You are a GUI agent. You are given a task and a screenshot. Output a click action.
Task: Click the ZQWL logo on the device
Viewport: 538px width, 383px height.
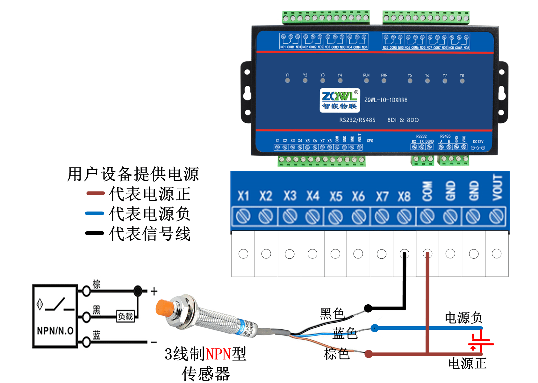340,100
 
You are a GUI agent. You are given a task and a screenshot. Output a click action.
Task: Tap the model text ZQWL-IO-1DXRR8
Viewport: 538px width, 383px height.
386,100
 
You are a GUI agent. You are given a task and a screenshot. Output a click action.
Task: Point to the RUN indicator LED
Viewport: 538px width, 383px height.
366,81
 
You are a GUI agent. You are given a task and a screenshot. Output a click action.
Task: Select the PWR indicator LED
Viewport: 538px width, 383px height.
384,81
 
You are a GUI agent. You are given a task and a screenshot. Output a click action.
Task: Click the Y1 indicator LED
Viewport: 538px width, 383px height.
288,81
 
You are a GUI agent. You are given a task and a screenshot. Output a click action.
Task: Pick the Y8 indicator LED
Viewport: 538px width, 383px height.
462,81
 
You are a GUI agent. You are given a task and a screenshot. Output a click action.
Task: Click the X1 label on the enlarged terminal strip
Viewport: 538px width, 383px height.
243,196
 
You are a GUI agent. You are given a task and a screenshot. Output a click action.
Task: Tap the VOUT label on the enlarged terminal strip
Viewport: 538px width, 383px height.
497,188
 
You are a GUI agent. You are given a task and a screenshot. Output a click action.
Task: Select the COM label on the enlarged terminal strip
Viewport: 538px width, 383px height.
427,191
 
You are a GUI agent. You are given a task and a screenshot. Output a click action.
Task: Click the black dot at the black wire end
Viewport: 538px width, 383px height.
368,308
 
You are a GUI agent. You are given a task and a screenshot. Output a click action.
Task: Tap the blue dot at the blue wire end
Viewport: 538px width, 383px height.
375,328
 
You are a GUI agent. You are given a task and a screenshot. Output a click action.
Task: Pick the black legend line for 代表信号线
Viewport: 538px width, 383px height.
95,233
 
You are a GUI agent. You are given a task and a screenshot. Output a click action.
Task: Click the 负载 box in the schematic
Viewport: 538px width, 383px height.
126,316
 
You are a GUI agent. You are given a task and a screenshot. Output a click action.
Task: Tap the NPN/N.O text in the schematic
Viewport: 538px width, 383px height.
55,331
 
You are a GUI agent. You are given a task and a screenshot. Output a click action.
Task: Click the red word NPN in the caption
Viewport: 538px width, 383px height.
218,354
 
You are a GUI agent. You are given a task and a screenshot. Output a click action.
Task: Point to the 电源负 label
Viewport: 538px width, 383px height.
463,318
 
